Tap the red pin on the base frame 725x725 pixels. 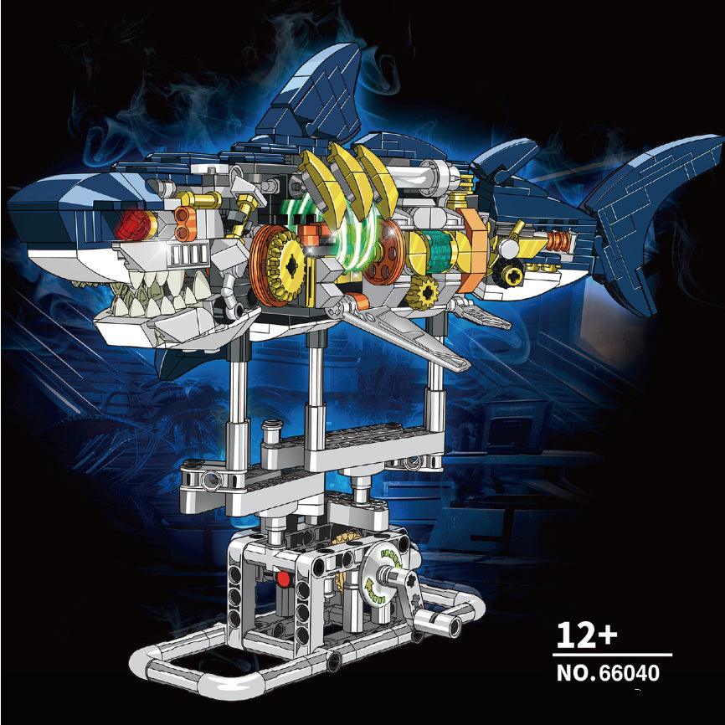pyautogui.click(x=284, y=578)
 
